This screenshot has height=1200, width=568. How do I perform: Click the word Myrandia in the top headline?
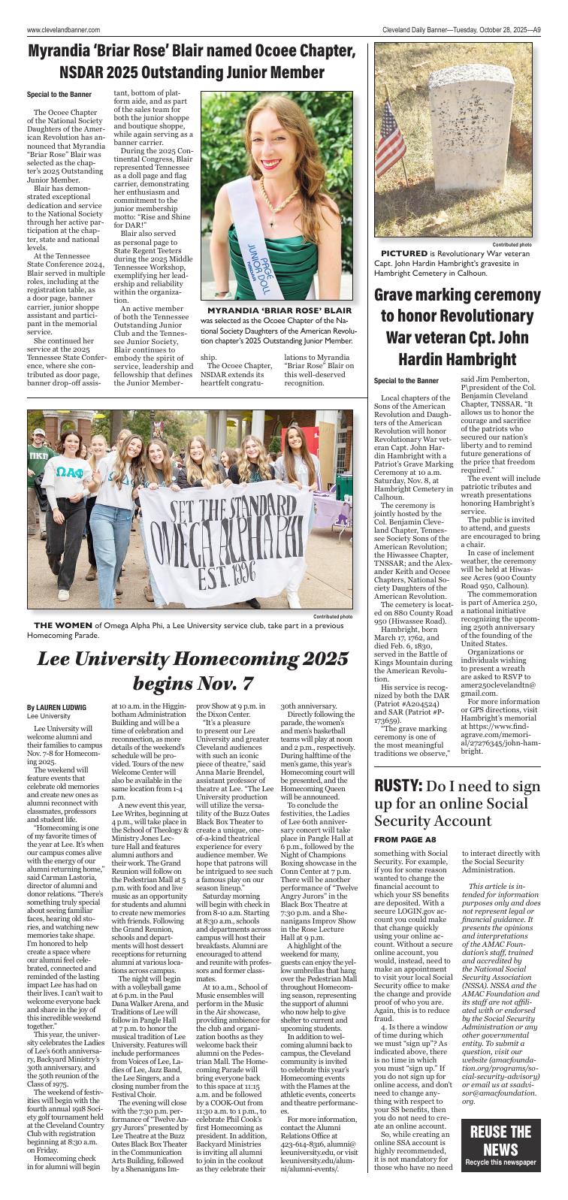[x=64, y=52]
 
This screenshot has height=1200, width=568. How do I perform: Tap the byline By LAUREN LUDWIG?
[x=56, y=707]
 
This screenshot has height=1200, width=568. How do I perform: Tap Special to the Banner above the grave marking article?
[x=406, y=380]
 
